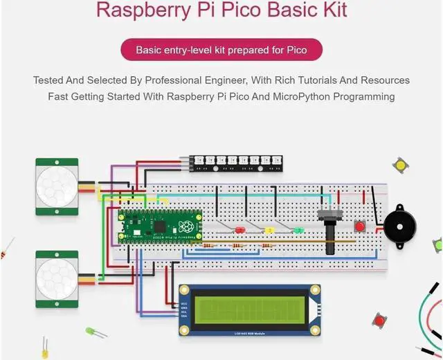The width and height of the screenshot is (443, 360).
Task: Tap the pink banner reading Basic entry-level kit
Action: click(x=221, y=50)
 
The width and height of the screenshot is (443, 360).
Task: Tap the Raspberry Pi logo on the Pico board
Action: click(x=185, y=227)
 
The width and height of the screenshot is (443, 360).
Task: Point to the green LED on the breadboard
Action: click(x=298, y=231)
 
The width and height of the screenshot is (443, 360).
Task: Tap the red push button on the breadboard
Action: click(x=359, y=226)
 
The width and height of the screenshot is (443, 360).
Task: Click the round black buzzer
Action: click(x=400, y=226)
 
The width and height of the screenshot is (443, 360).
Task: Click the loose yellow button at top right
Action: click(x=399, y=165)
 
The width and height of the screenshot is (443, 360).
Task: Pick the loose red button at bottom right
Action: click(x=379, y=320)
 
